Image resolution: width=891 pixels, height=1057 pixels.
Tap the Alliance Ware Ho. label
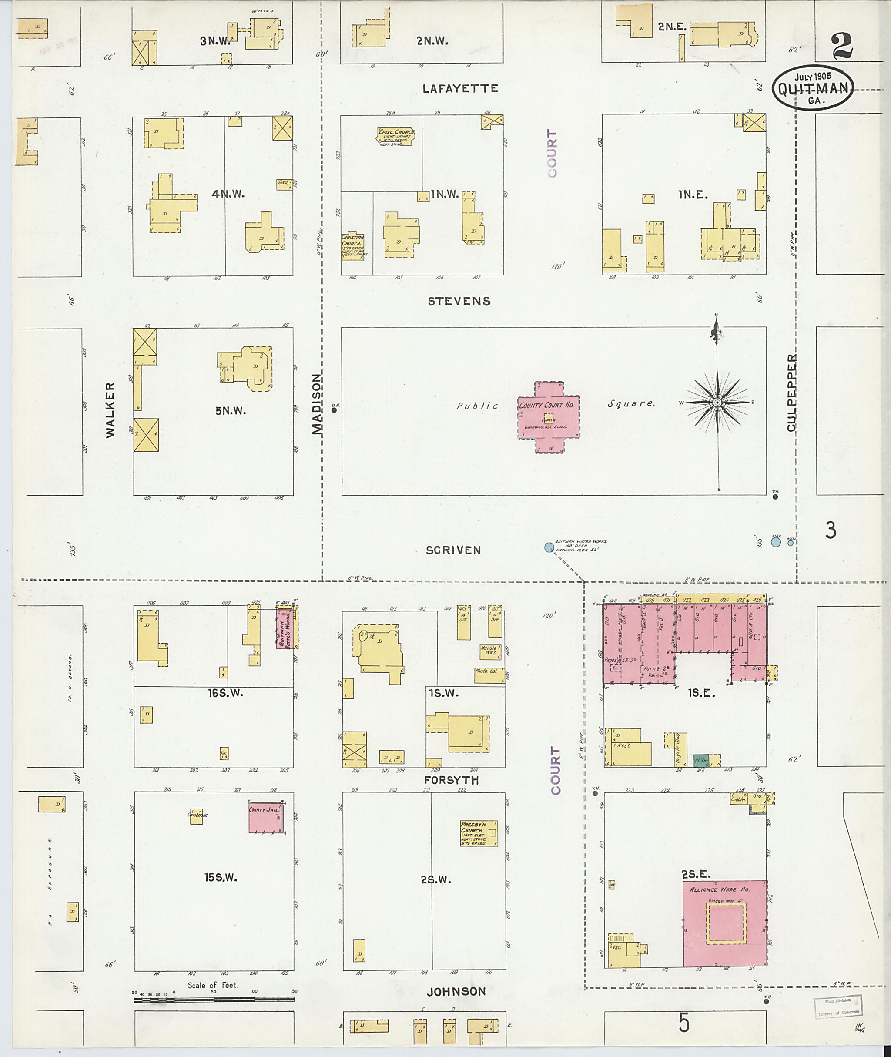tap(724, 889)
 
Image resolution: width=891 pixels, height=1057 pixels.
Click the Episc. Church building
tap(396, 136)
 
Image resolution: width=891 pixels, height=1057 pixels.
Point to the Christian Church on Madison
tap(352, 246)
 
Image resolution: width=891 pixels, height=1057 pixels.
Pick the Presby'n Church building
tap(478, 833)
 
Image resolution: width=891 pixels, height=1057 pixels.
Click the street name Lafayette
tap(460, 89)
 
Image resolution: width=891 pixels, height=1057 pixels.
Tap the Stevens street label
tap(459, 301)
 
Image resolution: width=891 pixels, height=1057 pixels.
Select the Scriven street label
tap(453, 550)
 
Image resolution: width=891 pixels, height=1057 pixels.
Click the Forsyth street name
tap(451, 780)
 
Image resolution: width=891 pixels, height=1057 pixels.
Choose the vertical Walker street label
tap(110, 409)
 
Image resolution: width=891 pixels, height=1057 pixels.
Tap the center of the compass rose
tap(717, 402)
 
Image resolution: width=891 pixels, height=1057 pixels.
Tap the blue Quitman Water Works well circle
tap(549, 547)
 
